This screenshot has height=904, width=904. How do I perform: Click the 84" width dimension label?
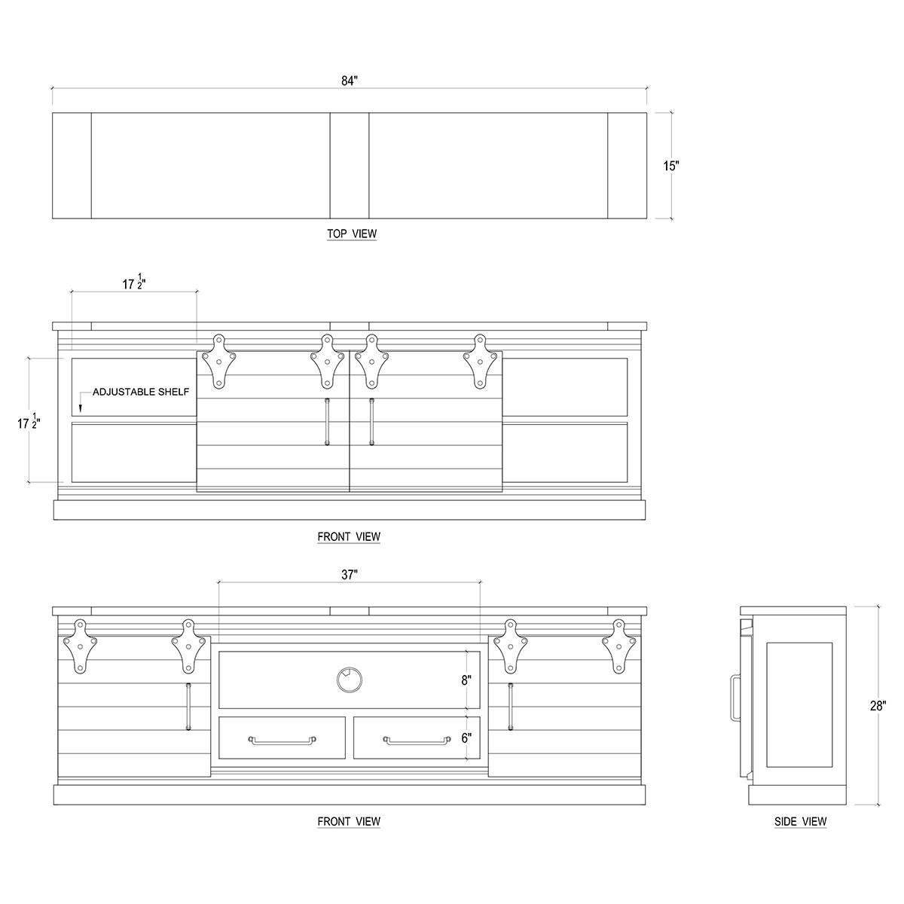(x=349, y=81)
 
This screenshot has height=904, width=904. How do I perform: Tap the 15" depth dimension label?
(x=671, y=166)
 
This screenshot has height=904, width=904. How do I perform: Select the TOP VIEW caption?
(x=352, y=233)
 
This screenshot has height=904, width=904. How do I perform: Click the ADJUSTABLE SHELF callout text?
(x=141, y=392)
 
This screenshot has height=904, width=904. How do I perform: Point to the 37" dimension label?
(x=350, y=575)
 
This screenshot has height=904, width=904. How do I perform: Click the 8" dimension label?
(x=466, y=680)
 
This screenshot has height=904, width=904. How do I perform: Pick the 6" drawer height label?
(x=466, y=738)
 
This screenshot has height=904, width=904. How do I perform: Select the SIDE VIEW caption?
(x=800, y=821)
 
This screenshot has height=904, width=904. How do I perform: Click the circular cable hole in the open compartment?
(x=350, y=680)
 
